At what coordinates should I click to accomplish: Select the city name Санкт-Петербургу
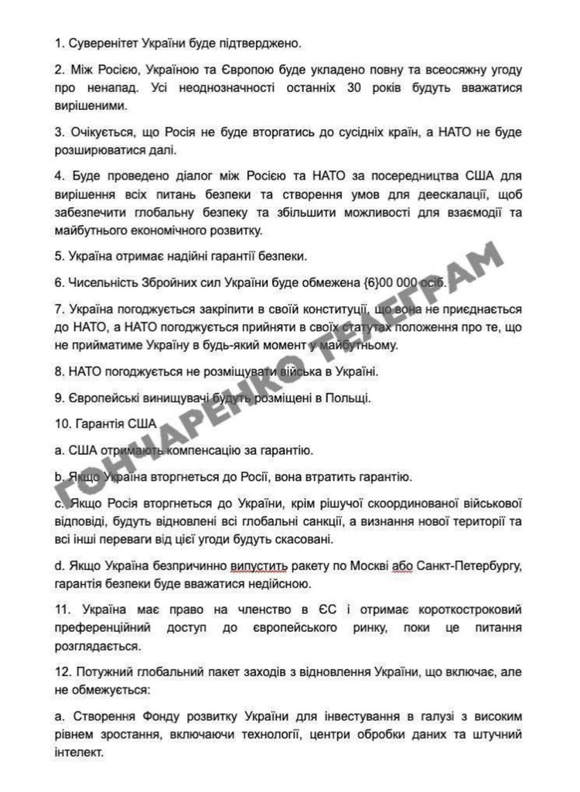(x=469, y=565)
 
